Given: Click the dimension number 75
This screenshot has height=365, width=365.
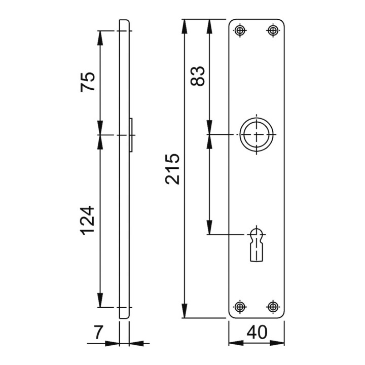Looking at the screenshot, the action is tap(88, 82).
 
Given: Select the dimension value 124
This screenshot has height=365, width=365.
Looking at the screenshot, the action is tap(87, 220).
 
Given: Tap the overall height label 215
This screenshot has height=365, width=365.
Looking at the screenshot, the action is tap(172, 169).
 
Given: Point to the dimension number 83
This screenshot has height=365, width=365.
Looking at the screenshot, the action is tap(197, 76).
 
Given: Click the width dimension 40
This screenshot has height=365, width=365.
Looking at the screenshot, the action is tap(257, 332).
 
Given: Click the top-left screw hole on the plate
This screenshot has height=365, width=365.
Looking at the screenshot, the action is tap(240, 30).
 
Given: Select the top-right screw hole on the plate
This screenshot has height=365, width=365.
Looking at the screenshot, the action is tap(273, 30).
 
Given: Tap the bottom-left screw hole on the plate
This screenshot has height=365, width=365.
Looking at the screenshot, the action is tap(240, 307).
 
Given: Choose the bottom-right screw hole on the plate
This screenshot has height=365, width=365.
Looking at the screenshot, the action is tap(273, 307).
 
